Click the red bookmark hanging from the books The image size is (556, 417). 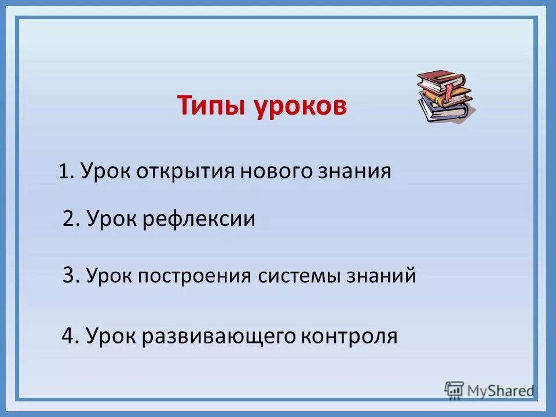(449, 90)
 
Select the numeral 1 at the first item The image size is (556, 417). (64, 172)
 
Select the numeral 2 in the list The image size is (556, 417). (69, 219)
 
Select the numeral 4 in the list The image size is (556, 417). (68, 335)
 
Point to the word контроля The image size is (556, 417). (349, 335)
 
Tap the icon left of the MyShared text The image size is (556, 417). (454, 390)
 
